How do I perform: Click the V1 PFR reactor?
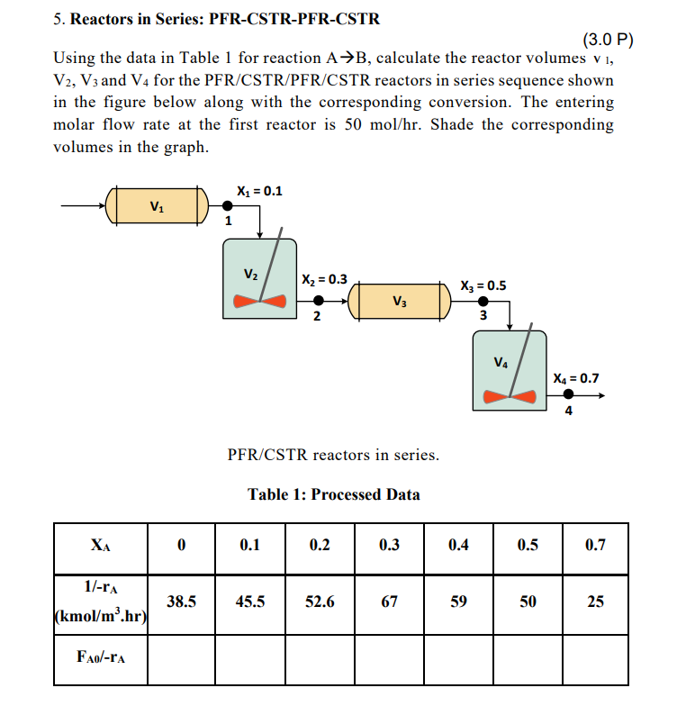click(158, 205)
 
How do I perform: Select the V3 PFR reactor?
click(400, 300)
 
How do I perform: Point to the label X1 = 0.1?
click(259, 191)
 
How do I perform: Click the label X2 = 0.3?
click(323, 279)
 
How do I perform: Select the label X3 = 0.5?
click(483, 285)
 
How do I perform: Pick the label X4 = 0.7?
click(576, 378)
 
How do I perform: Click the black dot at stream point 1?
click(227, 206)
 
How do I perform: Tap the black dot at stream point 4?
click(568, 395)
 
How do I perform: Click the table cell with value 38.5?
click(181, 602)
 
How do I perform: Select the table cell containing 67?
click(389, 602)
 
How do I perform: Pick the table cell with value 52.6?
click(320, 602)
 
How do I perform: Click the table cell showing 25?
click(595, 602)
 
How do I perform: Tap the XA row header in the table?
click(101, 546)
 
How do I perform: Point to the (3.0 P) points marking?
click(609, 40)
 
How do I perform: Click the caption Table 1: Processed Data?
click(334, 494)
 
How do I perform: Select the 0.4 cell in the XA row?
click(458, 546)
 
